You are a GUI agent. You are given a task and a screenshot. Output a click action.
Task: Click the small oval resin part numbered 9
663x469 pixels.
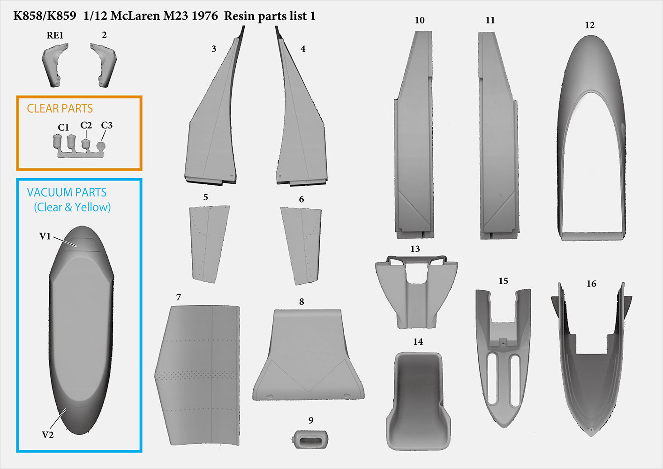(x=309, y=439)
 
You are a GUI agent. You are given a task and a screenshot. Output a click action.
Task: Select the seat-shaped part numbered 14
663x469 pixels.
(x=418, y=401)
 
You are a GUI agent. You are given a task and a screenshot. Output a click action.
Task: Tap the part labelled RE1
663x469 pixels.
(x=55, y=65)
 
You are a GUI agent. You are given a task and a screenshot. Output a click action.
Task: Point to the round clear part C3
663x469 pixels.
(x=101, y=146)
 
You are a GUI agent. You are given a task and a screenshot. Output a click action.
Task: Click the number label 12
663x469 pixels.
(x=589, y=25)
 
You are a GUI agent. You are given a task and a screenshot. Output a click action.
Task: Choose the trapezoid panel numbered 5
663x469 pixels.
(x=210, y=244)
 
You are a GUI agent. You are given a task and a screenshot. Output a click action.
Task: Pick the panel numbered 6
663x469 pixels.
(x=301, y=246)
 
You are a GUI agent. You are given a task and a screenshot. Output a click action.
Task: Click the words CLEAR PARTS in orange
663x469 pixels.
(x=60, y=108)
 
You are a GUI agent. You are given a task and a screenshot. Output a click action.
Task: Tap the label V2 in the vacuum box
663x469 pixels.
(x=48, y=435)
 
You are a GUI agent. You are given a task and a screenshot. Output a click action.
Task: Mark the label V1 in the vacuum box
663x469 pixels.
(x=45, y=236)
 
